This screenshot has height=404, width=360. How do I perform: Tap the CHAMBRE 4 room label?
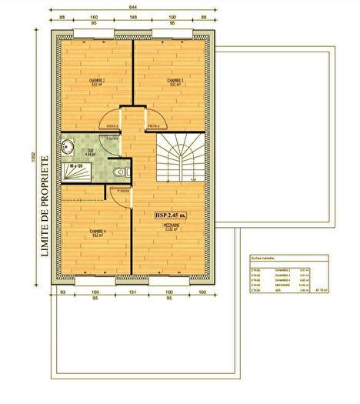coord(97,232)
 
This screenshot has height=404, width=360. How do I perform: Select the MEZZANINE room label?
coord(171,225)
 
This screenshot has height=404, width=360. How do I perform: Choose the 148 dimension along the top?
coord(133,17)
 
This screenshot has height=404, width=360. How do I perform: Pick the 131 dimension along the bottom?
coord(132,293)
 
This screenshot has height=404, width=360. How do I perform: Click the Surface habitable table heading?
coord(265,260)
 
